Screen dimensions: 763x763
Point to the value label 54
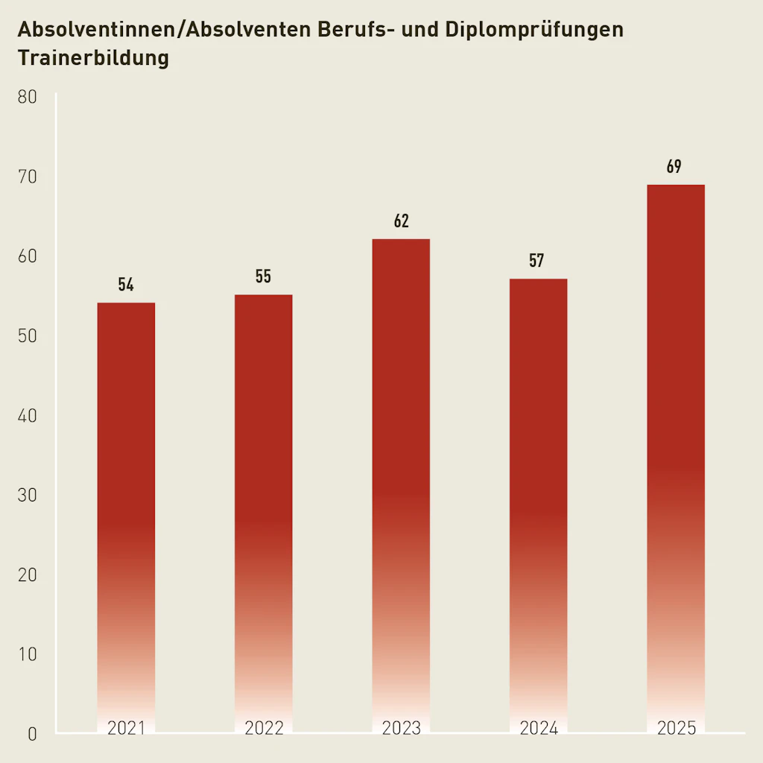tap(126, 285)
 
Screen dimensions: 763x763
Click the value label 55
tap(263, 276)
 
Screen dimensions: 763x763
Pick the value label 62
tap(401, 221)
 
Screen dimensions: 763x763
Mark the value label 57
tap(537, 261)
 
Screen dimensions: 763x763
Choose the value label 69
tap(674, 167)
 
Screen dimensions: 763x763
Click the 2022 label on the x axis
tap(264, 728)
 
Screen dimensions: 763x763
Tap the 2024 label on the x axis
tap(539, 728)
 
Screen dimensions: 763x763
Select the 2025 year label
tap(676, 728)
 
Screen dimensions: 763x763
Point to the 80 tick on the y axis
tap(27, 98)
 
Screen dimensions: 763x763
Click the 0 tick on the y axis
tap(31, 734)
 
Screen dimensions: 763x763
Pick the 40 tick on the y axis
tap(27, 416)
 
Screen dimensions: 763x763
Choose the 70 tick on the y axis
tap(27, 177)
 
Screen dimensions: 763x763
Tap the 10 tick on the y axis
tap(27, 654)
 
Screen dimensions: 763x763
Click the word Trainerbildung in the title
tap(93, 58)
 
